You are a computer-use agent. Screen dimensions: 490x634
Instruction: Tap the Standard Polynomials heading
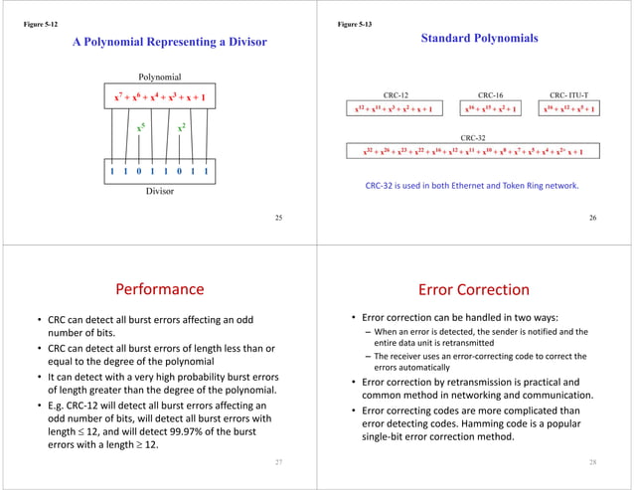(479, 38)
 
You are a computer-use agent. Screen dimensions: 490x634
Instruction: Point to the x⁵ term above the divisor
(141, 128)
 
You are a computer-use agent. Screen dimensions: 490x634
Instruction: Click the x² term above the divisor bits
(183, 128)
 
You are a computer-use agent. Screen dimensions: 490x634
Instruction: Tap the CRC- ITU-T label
(572, 93)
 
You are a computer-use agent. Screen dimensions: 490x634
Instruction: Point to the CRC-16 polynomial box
(490, 107)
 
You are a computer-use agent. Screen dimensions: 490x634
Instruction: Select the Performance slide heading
(160, 290)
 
